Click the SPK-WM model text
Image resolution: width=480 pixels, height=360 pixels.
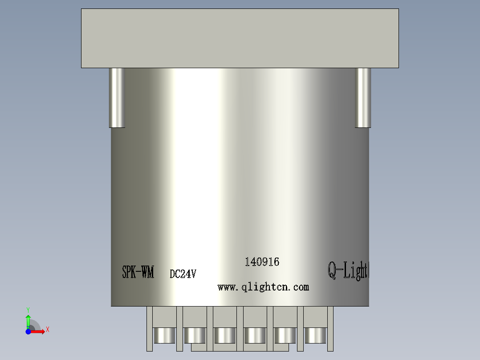coord(138,272)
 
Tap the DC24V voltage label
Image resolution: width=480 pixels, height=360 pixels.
coord(183,274)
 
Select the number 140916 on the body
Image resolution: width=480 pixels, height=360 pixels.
coord(262,262)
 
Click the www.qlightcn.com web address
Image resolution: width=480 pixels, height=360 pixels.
coord(263,287)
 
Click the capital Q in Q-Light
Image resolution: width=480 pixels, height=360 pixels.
coord(332,270)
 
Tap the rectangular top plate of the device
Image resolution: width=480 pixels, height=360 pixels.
coord(240,38)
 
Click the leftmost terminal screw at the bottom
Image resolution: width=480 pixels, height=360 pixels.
coord(165,335)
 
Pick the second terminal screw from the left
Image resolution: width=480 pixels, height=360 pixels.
coord(195,335)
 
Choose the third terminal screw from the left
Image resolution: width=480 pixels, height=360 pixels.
coord(225,335)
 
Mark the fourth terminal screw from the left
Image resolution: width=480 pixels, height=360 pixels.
coord(255,335)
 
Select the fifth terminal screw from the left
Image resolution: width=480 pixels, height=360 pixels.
coord(285,335)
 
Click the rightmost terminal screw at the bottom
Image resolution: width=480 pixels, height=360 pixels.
coord(315,335)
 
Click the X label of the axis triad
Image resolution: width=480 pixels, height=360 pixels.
coord(48,330)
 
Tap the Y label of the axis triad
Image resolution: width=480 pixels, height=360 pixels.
coord(28,309)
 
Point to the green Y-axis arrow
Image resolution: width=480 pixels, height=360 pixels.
coord(28,319)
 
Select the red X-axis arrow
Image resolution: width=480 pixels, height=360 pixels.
coord(38,331)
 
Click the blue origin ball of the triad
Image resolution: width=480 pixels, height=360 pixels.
coord(28,331)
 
